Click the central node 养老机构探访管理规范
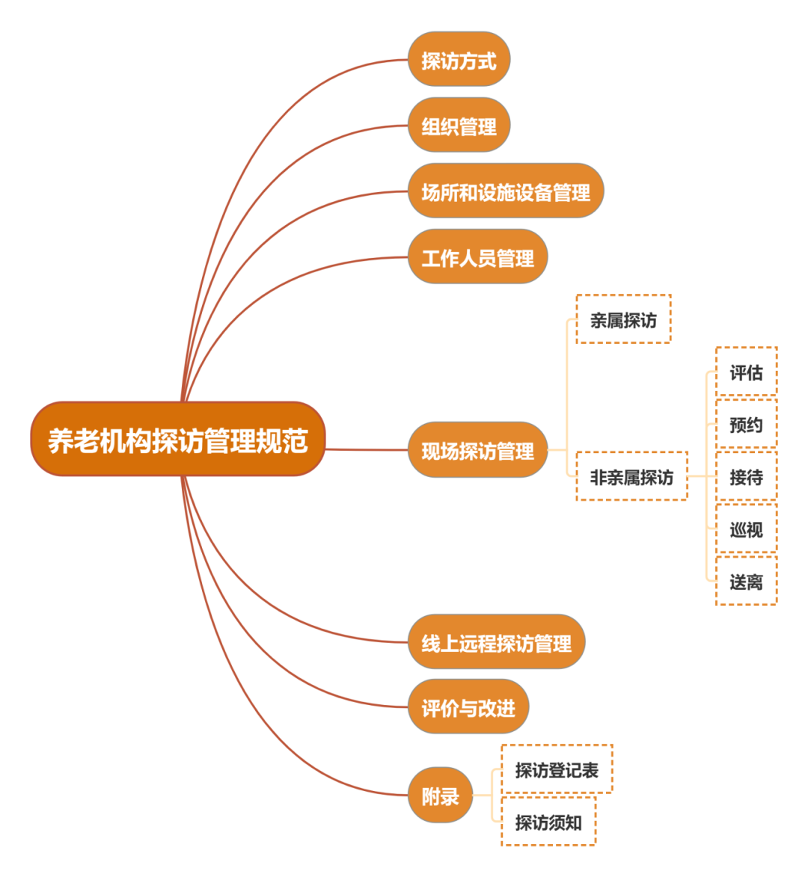[x=178, y=440]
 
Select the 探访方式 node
[x=459, y=60]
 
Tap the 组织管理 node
[x=459, y=126]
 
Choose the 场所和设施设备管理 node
[x=505, y=191]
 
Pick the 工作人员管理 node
[x=477, y=257]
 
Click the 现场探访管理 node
[x=477, y=450]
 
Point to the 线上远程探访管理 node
[x=496, y=642]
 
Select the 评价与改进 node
[x=468, y=707]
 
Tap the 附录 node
[x=440, y=796]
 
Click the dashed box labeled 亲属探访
[x=623, y=320]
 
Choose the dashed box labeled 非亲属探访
[x=631, y=476]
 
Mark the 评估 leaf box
[x=746, y=372]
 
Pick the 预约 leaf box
[x=746, y=424]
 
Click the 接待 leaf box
[x=746, y=476]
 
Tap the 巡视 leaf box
[x=746, y=529]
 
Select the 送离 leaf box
[x=746, y=581]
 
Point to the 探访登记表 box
[x=557, y=769]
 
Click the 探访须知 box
[x=548, y=822]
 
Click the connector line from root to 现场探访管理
[x=367, y=449]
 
